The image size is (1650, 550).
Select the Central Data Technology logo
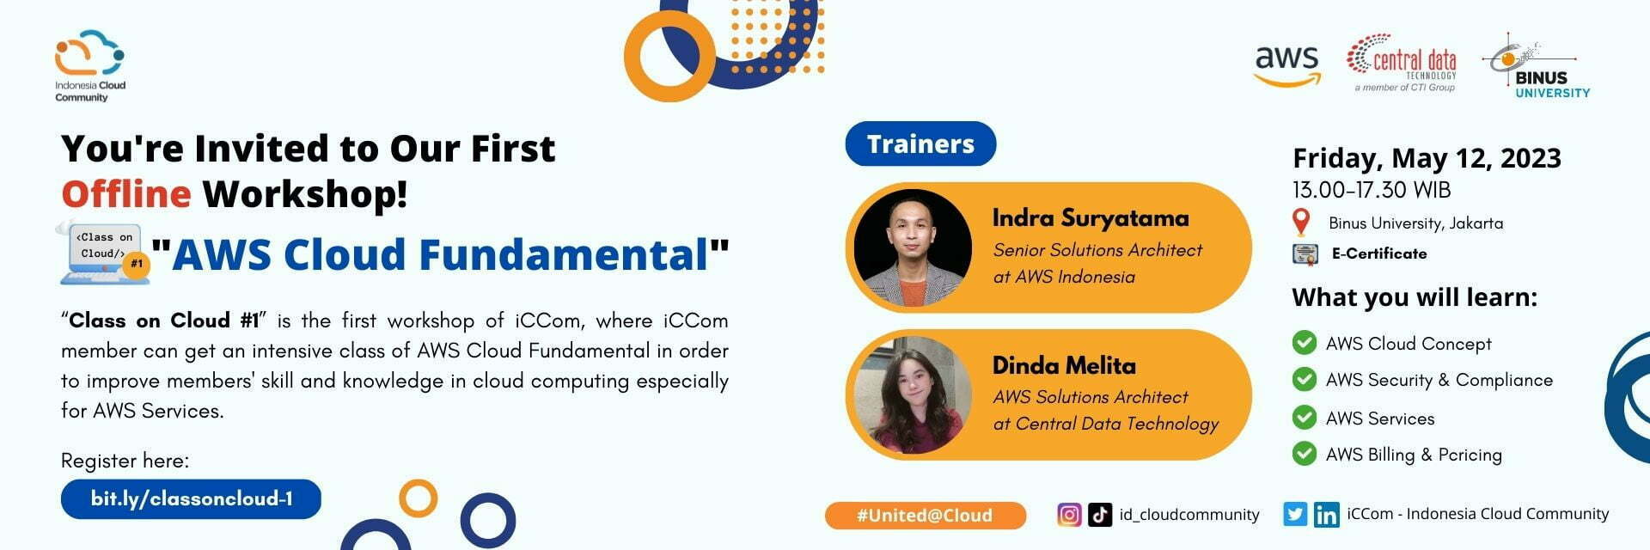(1402, 63)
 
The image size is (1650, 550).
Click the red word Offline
(125, 194)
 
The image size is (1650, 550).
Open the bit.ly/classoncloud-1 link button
(191, 498)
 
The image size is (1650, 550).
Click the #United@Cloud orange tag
(925, 516)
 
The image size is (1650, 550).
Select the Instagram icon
(1069, 515)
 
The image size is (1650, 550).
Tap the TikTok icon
(1100, 515)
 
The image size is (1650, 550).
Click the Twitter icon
(1295, 514)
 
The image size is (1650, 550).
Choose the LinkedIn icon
(1326, 515)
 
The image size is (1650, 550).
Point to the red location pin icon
(1302, 223)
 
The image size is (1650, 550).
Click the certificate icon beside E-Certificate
(1305, 254)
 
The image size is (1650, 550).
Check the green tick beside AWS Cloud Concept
(1305, 343)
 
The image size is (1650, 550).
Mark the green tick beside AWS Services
(1305, 418)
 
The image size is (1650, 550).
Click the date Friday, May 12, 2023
(1427, 158)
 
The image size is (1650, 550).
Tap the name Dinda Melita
(1064, 365)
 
